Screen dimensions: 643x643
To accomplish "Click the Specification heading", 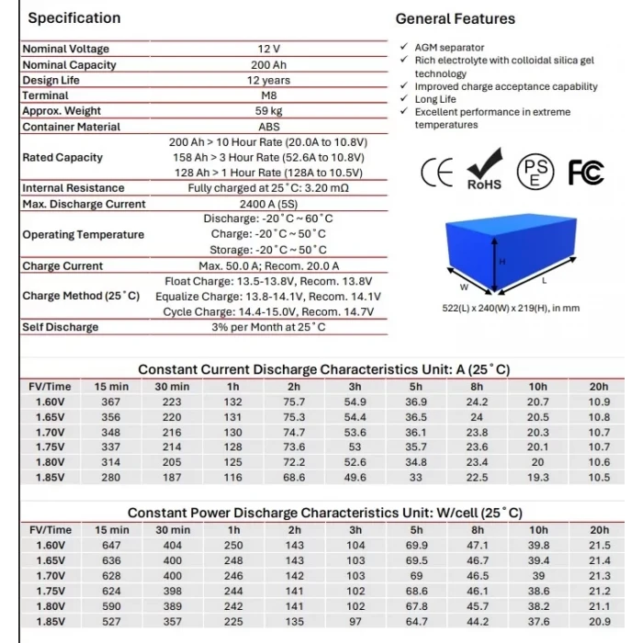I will coord(73,17).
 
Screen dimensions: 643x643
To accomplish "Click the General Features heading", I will coord(455,18).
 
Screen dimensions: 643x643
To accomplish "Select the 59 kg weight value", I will coord(268,111).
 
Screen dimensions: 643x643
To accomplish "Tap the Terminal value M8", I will coord(268,96).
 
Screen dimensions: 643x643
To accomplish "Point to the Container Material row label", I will coord(71,127).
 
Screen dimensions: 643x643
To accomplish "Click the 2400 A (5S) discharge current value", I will coord(268,204).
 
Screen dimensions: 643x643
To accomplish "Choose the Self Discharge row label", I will coord(61,327).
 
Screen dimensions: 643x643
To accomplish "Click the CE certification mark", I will coord(438,172).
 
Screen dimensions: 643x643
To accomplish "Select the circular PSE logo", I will coord(536,172).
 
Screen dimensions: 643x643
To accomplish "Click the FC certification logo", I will coord(585,172).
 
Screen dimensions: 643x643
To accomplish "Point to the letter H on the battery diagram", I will coord(502,261).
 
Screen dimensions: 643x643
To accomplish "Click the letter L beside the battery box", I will coord(544,278).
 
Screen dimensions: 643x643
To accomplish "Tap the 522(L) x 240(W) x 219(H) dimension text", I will coord(511,308).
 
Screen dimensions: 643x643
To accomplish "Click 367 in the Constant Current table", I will coord(111,401).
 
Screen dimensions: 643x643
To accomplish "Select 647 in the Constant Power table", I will coord(111,545).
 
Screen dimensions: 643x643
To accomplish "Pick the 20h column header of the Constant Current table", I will coord(599,387).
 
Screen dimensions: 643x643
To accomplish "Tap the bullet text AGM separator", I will coord(449,48).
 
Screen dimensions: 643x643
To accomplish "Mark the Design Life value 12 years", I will coord(268,80).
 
